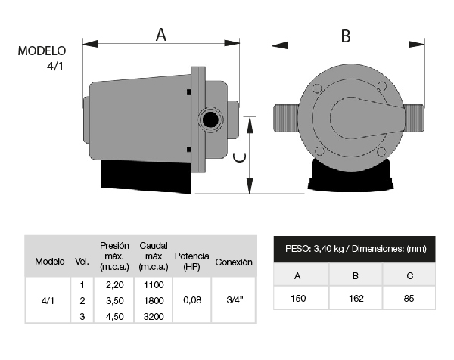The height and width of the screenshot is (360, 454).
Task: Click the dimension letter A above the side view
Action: coord(161,35)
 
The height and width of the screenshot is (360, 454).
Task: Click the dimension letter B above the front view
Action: coord(346,36)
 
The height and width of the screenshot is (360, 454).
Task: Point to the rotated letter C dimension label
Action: coord(240,157)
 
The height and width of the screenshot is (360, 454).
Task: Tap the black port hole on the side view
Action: coord(210,119)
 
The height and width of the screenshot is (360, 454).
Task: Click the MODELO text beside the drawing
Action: coord(42,51)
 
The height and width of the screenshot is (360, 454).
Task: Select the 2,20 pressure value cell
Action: coord(115,285)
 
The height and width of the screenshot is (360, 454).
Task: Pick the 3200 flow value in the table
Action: coord(154,317)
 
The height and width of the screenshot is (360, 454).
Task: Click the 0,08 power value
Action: coord(192,300)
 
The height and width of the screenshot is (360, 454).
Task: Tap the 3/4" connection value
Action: coord(235,300)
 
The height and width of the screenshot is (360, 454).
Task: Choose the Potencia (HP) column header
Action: coord(191,261)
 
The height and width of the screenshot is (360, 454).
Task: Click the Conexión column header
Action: coord(234,262)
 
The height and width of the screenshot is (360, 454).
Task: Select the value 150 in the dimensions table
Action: coord(298,298)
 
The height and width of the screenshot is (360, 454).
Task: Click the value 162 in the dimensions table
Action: coord(356,298)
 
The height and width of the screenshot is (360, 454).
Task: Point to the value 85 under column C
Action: coord(409,298)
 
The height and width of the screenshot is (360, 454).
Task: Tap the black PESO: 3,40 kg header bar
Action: coord(354,249)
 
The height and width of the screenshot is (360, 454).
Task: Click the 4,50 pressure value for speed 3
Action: coord(115,317)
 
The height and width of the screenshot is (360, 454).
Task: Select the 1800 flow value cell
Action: coord(154,301)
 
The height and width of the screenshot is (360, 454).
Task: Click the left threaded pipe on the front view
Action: coord(287,118)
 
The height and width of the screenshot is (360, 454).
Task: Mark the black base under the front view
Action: coord(350,177)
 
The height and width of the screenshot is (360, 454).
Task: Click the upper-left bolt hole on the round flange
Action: coord(317,88)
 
